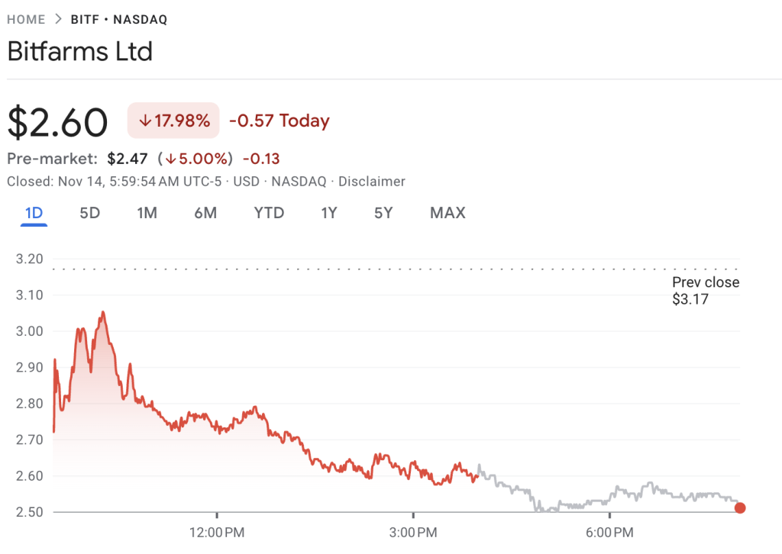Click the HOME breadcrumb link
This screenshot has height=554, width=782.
[25, 20]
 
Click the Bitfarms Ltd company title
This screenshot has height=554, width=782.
[80, 52]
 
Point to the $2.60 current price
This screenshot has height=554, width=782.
[57, 122]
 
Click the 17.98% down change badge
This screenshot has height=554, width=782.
[173, 121]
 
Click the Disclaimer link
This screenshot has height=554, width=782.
[372, 182]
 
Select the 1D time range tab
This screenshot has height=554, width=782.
[34, 213]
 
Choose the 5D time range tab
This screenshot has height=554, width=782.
[90, 213]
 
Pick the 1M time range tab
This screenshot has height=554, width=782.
[147, 213]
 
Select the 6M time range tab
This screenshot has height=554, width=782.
[205, 213]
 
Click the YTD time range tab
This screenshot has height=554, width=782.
[269, 213]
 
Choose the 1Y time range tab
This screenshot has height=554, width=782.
[329, 213]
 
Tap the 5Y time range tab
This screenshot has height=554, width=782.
[383, 213]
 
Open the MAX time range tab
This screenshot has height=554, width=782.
[448, 213]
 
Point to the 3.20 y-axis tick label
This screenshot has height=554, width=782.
[29, 259]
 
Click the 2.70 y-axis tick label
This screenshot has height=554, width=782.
[29, 440]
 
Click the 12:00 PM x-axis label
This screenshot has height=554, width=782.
[217, 530]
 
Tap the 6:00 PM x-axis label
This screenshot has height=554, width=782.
[609, 530]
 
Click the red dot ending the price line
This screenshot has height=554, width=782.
[739, 508]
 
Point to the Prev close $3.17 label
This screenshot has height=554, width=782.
[705, 291]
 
